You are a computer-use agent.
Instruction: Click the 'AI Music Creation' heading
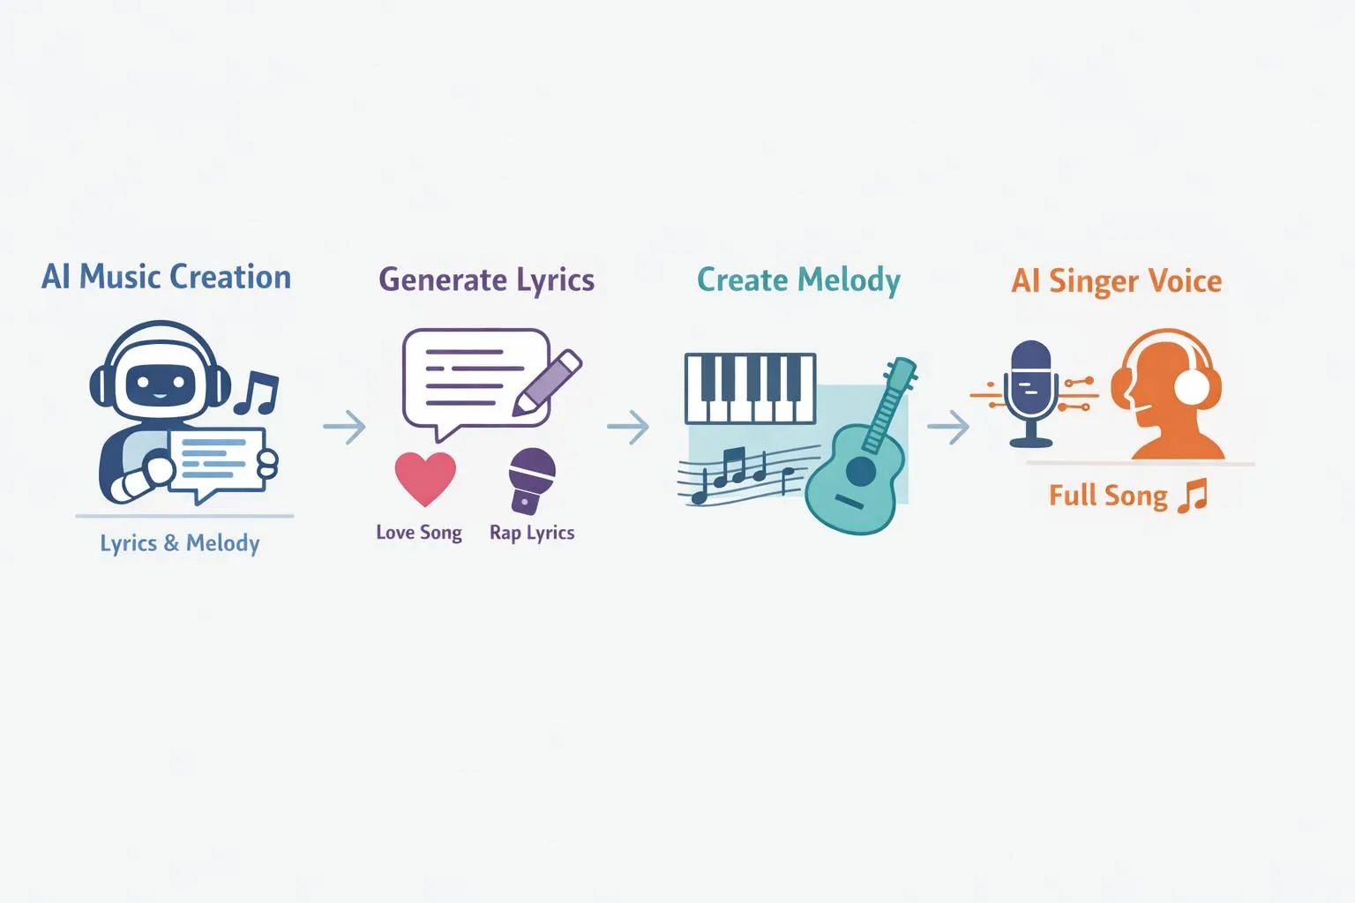(167, 277)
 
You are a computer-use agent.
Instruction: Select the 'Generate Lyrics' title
(486, 280)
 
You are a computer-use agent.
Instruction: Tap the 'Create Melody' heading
(798, 280)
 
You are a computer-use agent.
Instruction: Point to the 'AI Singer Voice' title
(1117, 281)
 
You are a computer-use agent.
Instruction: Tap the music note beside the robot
(256, 392)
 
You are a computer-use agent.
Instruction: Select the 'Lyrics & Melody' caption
(180, 543)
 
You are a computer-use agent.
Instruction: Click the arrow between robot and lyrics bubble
(344, 427)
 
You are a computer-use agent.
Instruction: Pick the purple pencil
(547, 382)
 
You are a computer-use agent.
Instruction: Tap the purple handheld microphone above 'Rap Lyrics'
(531, 481)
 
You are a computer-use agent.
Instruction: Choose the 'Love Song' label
(419, 533)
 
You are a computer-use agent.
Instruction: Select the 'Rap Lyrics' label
(532, 533)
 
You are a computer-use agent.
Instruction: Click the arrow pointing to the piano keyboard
(628, 427)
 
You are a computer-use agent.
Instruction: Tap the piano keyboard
(751, 388)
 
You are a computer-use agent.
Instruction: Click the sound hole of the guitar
(860, 471)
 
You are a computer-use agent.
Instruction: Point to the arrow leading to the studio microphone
(948, 427)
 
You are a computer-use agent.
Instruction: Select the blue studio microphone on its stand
(1030, 393)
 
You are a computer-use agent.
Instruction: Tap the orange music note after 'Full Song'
(1193, 496)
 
